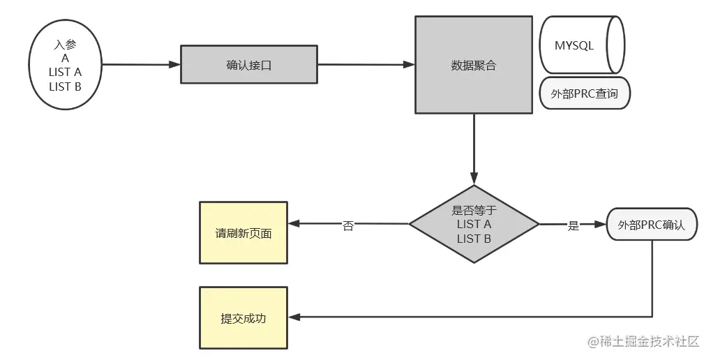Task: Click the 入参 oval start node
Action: click(x=65, y=66)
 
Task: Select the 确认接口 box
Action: click(x=249, y=65)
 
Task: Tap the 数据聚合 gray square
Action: click(x=474, y=65)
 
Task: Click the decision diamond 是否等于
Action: click(x=474, y=224)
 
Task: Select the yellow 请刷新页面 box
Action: click(x=244, y=233)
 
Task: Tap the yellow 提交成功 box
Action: click(x=244, y=318)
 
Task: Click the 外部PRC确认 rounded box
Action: click(x=652, y=225)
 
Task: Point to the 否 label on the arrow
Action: click(x=347, y=226)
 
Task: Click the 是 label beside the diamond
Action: click(x=574, y=225)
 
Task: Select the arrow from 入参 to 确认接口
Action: click(x=140, y=66)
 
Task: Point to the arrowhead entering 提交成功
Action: click(x=294, y=317)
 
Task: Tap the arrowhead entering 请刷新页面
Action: click(x=294, y=224)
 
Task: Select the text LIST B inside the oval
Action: click(x=65, y=87)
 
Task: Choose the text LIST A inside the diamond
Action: click(x=474, y=225)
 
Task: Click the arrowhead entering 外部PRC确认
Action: click(x=602, y=225)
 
